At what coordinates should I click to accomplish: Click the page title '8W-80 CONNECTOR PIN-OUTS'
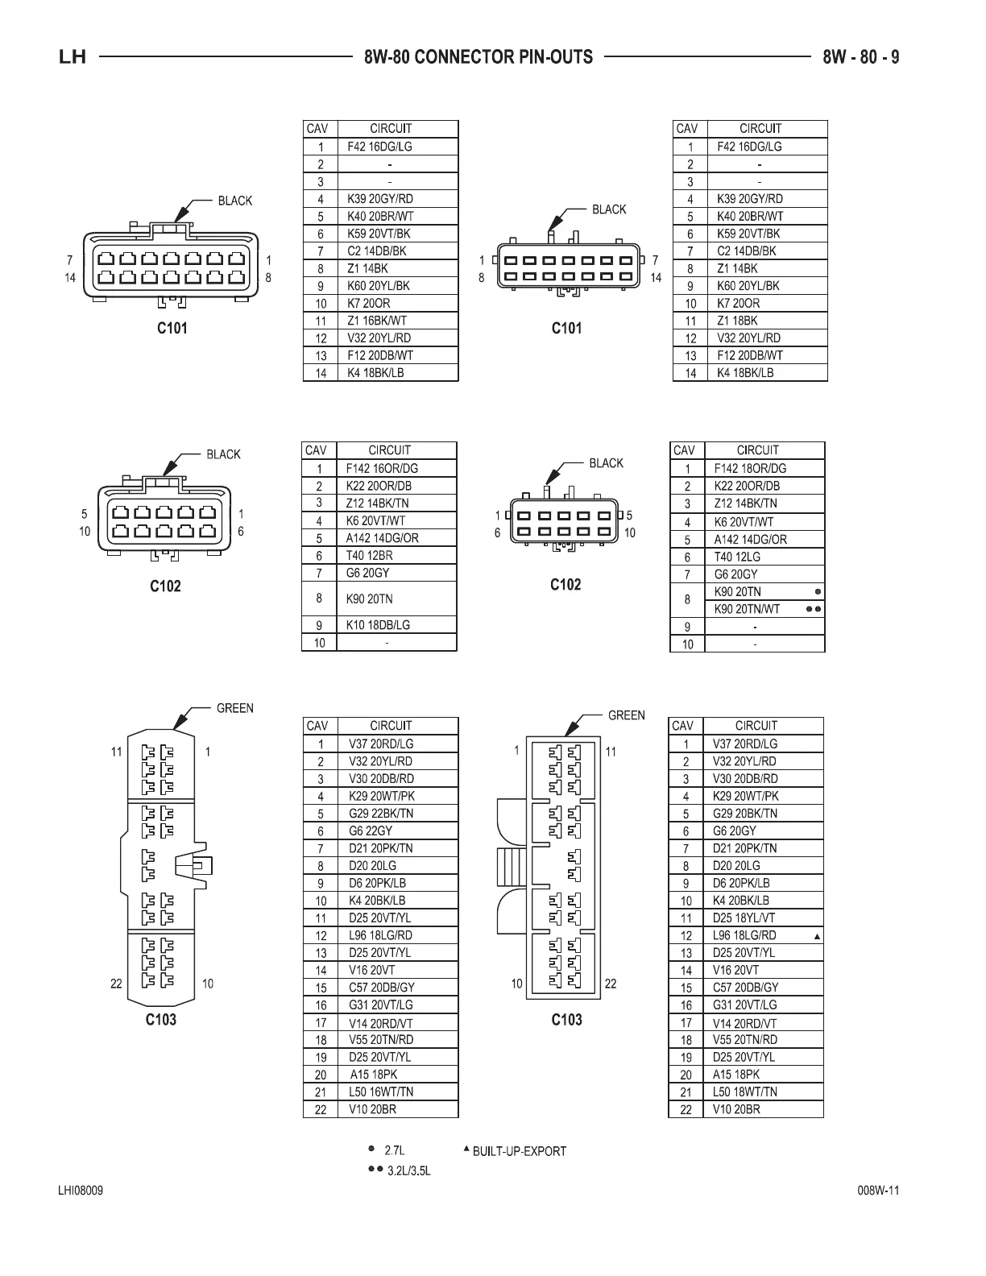pos(478,57)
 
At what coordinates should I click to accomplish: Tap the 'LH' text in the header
pos(72,58)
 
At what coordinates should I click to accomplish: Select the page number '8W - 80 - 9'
pos(861,57)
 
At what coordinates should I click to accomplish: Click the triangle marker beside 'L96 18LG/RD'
pos(817,937)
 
